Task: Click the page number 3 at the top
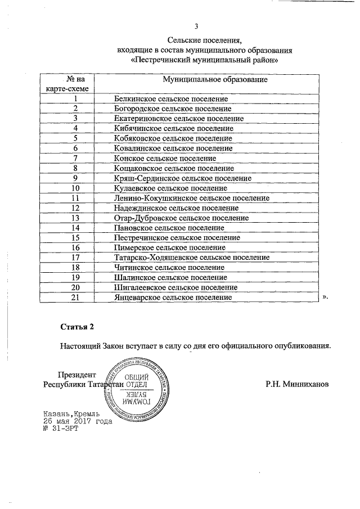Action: (196, 26)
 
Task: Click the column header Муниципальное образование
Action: (215, 79)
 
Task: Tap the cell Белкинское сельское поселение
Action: (167, 98)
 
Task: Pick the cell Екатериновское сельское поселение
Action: (178, 119)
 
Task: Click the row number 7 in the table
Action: (75, 158)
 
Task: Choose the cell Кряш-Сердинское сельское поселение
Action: (182, 178)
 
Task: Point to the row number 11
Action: (75, 198)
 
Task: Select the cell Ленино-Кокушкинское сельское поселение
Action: (191, 198)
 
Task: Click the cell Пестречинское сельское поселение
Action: (177, 237)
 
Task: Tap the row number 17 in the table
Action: (75, 258)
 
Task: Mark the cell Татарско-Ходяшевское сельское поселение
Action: (191, 258)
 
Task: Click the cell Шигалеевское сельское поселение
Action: (172, 287)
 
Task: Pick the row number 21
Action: (75, 297)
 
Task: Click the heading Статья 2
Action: (76, 326)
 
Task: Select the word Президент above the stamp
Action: (77, 375)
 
